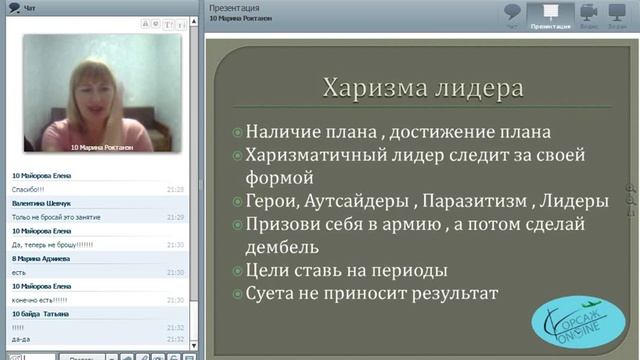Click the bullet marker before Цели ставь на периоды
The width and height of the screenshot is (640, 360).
[236, 271]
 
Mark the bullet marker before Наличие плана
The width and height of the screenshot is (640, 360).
[236, 132]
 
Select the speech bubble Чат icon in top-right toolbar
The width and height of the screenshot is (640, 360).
[512, 13]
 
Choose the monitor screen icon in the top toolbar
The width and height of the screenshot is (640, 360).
[621, 13]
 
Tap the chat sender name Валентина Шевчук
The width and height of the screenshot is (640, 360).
[43, 202]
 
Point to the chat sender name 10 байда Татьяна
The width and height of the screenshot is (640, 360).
[40, 314]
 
